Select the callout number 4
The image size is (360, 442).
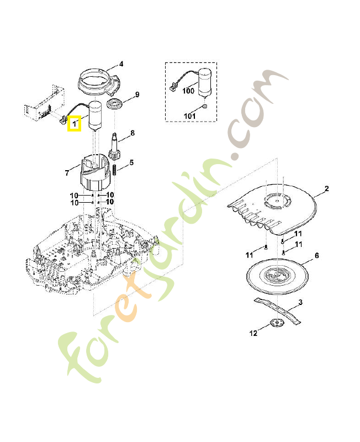click(121, 64)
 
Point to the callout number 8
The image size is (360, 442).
click(133, 133)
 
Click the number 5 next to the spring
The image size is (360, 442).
click(131, 162)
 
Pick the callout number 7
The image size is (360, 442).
click(67, 173)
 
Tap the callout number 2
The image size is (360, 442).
click(326, 189)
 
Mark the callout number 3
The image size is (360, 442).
click(300, 302)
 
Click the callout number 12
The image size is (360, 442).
click(253, 333)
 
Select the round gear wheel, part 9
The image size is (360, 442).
click(115, 104)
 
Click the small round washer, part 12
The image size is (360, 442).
click(274, 324)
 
